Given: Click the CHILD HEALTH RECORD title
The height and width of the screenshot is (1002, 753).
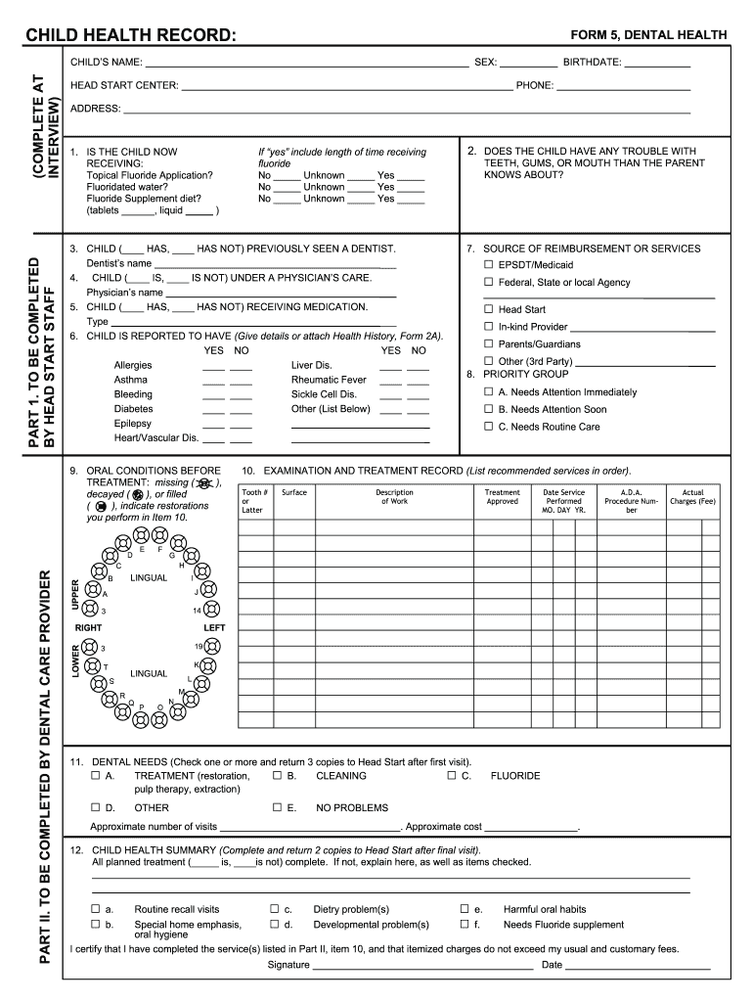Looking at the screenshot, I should (x=130, y=36).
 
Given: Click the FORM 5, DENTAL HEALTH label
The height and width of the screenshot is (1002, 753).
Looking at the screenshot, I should (x=648, y=35).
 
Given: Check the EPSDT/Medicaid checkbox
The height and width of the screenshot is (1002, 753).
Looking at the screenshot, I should (x=488, y=265).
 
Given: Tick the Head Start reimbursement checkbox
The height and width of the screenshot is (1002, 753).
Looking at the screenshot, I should (x=488, y=309).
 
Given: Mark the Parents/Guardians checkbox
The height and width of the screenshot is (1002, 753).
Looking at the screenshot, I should (x=488, y=344).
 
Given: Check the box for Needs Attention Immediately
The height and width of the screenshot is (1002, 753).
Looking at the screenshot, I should (x=488, y=392).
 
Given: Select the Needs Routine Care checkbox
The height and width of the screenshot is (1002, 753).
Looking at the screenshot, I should (x=488, y=427).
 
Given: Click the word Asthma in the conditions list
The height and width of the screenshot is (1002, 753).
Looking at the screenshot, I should (x=131, y=380).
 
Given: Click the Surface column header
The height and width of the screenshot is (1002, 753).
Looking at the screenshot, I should (x=294, y=492).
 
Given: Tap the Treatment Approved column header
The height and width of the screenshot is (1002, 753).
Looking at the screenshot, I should (x=503, y=497).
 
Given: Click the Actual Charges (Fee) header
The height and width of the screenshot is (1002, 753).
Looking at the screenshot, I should (x=692, y=497).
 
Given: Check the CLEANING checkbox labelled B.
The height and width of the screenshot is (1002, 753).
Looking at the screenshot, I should (x=278, y=776).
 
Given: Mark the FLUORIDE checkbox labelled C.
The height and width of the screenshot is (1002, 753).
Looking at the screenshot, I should (x=452, y=776).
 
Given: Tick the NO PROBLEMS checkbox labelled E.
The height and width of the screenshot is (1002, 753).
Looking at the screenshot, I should (x=278, y=807).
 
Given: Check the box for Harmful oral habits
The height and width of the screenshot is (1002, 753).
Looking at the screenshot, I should (x=465, y=909).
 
